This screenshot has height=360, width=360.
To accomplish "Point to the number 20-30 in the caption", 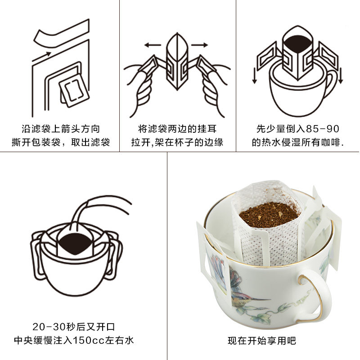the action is coord(49,327).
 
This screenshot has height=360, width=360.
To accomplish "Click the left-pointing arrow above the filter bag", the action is coord(153,45).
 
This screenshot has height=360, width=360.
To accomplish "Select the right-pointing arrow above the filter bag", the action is coord(199,45).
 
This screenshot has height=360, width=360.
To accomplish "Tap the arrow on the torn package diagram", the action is coord(41,57).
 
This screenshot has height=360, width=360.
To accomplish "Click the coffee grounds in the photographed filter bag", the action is coord(270,214).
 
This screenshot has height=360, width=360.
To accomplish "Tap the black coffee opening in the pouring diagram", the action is coord(74,244).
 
